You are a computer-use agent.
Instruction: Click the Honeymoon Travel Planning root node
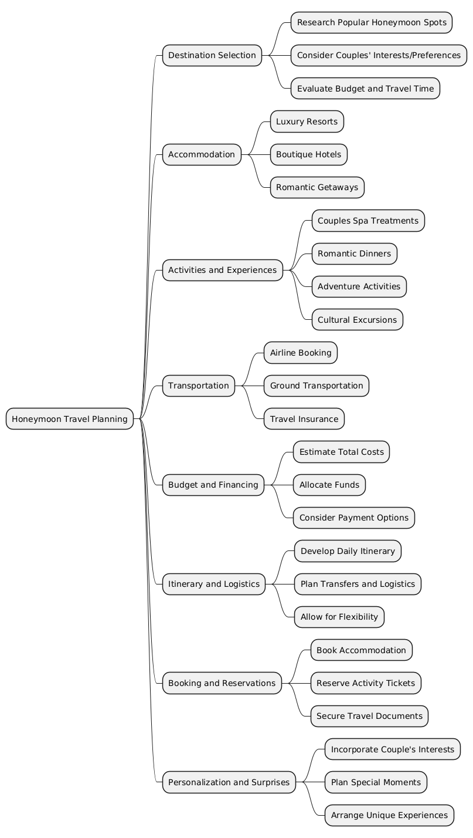point(70,419)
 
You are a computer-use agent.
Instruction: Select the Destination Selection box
point(212,55)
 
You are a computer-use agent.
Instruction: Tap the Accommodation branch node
point(202,154)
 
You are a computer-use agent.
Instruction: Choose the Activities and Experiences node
point(222,270)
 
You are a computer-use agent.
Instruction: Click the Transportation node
point(198,386)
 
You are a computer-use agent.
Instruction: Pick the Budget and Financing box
point(213,485)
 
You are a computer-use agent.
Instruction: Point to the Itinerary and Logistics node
point(213,584)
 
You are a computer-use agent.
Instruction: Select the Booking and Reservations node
point(222,683)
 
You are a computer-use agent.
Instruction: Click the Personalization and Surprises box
point(229,782)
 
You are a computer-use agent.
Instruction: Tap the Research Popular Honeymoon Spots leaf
point(372,22)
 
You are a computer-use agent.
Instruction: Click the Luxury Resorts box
point(307,121)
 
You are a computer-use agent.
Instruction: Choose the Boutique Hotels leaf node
point(308,154)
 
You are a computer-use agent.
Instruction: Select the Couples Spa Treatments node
point(368,221)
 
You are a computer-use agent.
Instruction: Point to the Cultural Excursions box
point(357,320)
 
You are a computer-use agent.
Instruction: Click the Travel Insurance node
point(304,419)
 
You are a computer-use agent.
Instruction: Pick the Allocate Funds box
point(329,485)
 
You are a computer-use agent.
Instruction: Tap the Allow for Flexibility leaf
point(339,617)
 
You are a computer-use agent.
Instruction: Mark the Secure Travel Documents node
point(369,716)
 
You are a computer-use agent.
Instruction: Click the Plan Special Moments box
point(376,782)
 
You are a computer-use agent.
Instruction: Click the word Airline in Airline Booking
point(284,353)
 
